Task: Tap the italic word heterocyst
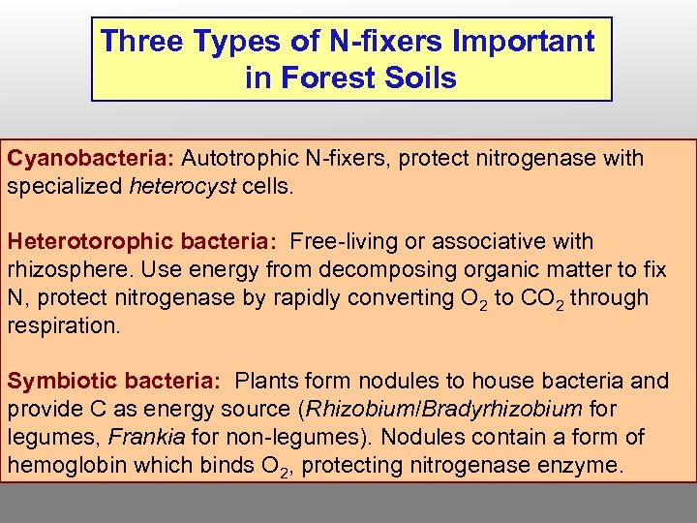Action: pos(182,186)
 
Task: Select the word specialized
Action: pos(65,186)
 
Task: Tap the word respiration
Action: pos(63,325)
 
